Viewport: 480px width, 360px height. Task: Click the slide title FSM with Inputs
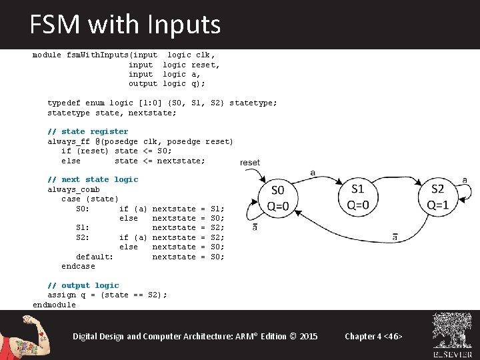coord(125,25)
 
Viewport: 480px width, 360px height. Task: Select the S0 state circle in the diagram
coord(279,197)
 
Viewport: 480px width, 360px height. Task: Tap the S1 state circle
coord(358,197)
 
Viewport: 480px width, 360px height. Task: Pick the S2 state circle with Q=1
coord(437,197)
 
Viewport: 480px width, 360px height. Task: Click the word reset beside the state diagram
coord(250,163)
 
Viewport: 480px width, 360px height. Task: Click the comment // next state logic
coord(93,179)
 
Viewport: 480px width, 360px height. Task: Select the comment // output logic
coord(83,285)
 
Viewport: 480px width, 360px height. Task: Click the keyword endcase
coord(78,266)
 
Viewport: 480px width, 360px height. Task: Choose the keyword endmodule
coord(54,305)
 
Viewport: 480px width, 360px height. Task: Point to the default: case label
coord(94,257)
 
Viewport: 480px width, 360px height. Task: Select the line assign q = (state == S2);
coord(107,295)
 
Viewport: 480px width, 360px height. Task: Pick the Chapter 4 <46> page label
coord(373,336)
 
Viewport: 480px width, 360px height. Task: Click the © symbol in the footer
coord(291,336)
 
